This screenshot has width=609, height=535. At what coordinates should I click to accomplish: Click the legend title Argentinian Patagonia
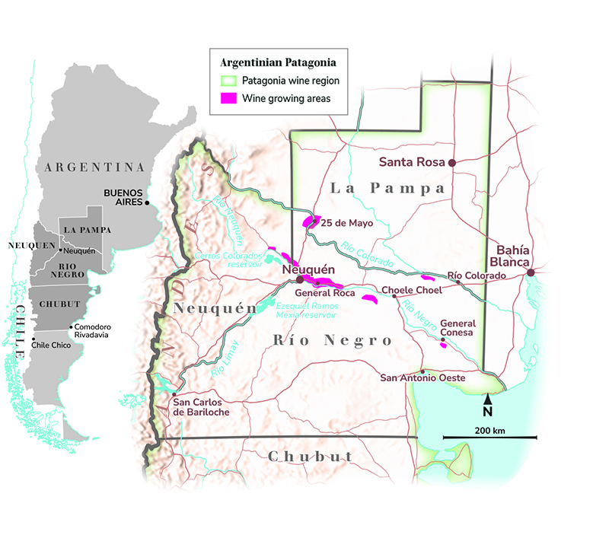click(x=279, y=62)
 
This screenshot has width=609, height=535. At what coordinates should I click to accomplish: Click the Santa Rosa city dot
click(x=451, y=163)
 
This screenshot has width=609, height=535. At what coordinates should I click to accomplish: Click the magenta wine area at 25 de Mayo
click(x=309, y=221)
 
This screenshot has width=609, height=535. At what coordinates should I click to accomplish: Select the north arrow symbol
click(x=488, y=399)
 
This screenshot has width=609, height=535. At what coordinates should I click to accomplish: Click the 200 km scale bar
click(x=489, y=437)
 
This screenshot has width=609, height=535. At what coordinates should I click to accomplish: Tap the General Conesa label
click(x=458, y=328)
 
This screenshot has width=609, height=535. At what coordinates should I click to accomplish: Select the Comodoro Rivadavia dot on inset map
click(x=70, y=327)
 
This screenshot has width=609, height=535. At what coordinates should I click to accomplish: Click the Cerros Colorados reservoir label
click(x=228, y=260)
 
